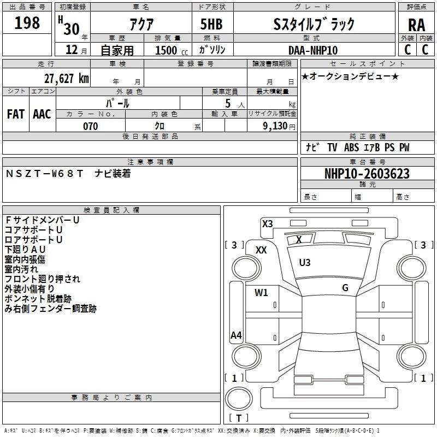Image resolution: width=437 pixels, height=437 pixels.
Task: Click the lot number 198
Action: click(x=27, y=23)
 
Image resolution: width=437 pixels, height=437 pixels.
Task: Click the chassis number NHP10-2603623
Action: click(x=367, y=174)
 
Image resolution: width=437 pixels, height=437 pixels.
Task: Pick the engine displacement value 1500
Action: click(x=166, y=50)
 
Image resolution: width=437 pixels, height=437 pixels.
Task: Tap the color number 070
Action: click(x=90, y=126)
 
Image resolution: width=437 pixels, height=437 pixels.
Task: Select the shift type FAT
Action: click(x=15, y=114)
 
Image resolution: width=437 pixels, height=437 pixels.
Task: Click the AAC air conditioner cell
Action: click(x=42, y=114)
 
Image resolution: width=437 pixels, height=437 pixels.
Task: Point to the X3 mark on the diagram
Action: click(x=267, y=223)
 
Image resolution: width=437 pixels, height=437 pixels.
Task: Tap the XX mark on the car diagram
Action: click(x=261, y=250)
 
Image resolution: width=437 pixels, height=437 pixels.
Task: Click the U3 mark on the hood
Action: click(x=305, y=263)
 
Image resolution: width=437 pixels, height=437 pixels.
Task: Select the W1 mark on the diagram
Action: click(x=261, y=292)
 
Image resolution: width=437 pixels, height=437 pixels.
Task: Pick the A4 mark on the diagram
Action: click(x=236, y=335)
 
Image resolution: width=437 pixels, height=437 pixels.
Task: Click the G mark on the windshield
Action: click(x=345, y=288)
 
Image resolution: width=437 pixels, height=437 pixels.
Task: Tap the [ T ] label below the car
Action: click(x=239, y=418)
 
